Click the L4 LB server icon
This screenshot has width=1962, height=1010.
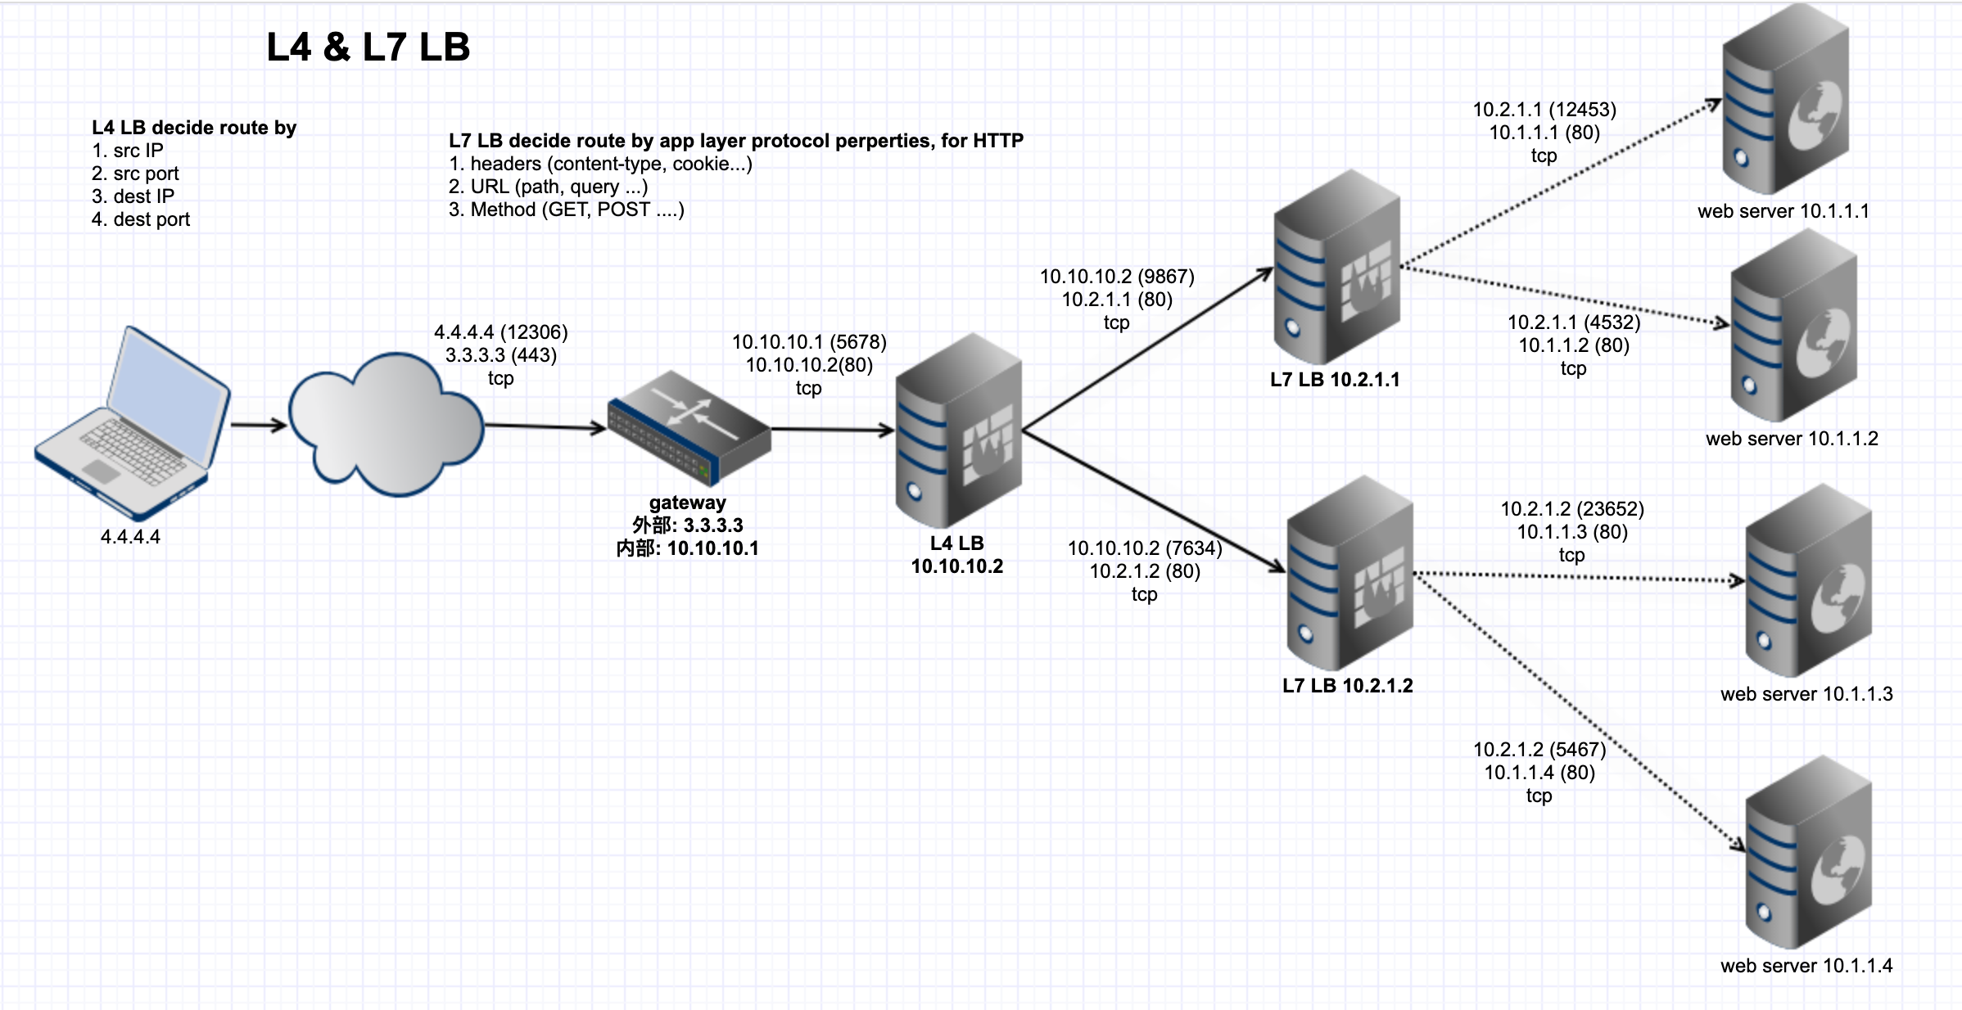[958, 431]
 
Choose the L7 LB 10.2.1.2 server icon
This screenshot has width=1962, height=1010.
[1349, 574]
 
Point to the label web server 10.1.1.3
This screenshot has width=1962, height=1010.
[1806, 694]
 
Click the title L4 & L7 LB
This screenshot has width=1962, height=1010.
[368, 47]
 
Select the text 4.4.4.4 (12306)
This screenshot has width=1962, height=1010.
[501, 332]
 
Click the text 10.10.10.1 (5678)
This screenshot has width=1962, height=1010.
[809, 342]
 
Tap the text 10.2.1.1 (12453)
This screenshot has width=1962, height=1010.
[1544, 110]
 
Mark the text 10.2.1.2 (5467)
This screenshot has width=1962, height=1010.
[1539, 750]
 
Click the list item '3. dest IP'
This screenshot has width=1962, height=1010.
[133, 196]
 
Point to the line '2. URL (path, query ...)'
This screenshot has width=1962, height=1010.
[548, 187]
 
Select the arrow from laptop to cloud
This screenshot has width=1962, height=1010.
[258, 425]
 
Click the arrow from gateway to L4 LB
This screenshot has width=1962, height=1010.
[832, 430]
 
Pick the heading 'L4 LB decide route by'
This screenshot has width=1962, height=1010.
[194, 128]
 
